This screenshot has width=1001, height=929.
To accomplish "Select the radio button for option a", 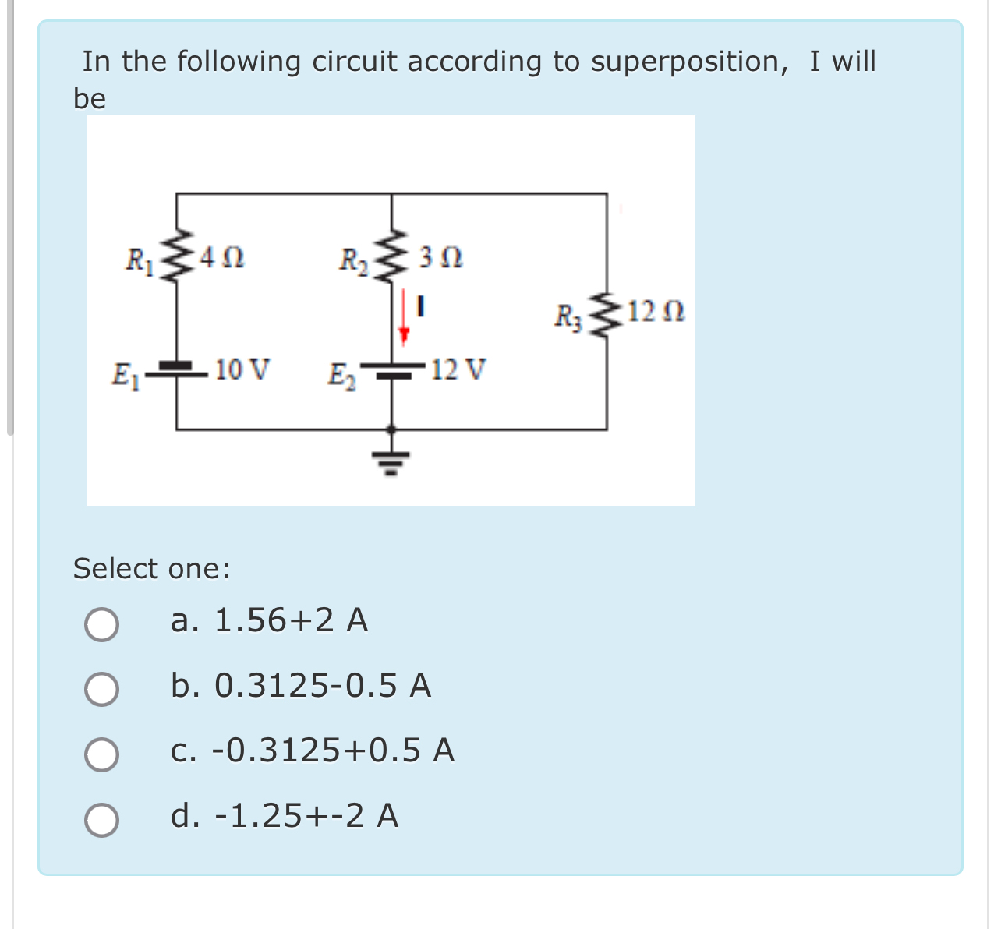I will tap(102, 624).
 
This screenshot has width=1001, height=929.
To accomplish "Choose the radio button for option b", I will tap(102, 689).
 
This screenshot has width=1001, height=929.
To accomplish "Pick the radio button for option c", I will tap(102, 754).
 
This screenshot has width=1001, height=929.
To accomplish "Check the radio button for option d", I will tap(102, 819).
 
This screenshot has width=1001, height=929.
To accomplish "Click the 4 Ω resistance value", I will tap(222, 256).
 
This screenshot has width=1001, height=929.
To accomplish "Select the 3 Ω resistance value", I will tap(440, 256).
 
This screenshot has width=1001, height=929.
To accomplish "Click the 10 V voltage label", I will tap(242, 369).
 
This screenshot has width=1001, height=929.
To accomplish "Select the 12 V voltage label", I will tap(458, 369).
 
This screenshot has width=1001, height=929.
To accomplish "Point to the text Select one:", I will tap(152, 568).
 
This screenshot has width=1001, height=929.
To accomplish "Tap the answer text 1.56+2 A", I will tap(290, 620).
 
